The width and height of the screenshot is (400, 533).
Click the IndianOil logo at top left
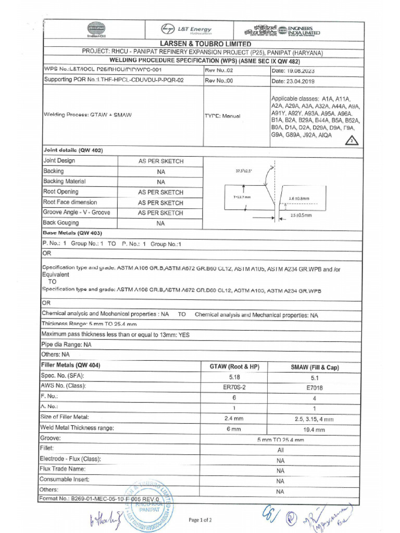[96, 29]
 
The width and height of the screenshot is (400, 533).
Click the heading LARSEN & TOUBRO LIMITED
[205, 44]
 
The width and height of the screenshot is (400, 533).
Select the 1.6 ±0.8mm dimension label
[299, 198]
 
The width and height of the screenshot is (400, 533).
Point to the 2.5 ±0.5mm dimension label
[301, 215]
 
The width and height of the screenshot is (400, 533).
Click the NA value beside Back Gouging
[160, 223]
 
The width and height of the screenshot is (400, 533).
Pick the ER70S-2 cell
[234, 387]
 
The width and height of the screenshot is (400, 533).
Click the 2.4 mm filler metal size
[234, 418]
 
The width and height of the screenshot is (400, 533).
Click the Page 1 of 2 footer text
[200, 519]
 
